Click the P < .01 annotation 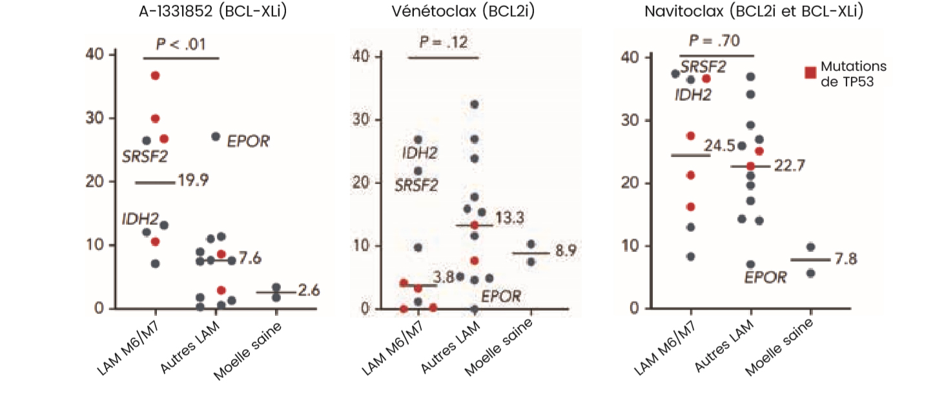tap(181, 45)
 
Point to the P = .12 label tap(444, 43)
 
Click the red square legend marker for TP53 tap(810, 73)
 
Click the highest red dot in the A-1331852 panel tap(155, 76)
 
